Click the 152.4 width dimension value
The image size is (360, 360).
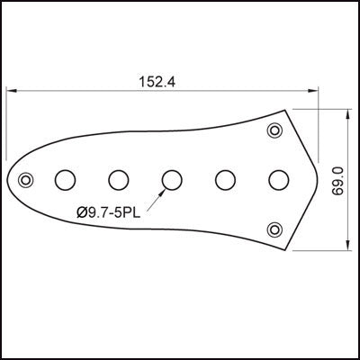click(x=157, y=81)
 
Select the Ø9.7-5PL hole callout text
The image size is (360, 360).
click(x=109, y=212)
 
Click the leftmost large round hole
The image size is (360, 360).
click(x=65, y=180)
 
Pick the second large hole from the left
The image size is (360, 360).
click(x=118, y=180)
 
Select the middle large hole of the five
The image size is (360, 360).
click(x=171, y=180)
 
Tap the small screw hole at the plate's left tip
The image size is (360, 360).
click(x=28, y=179)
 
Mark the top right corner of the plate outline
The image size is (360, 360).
click(x=289, y=110)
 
